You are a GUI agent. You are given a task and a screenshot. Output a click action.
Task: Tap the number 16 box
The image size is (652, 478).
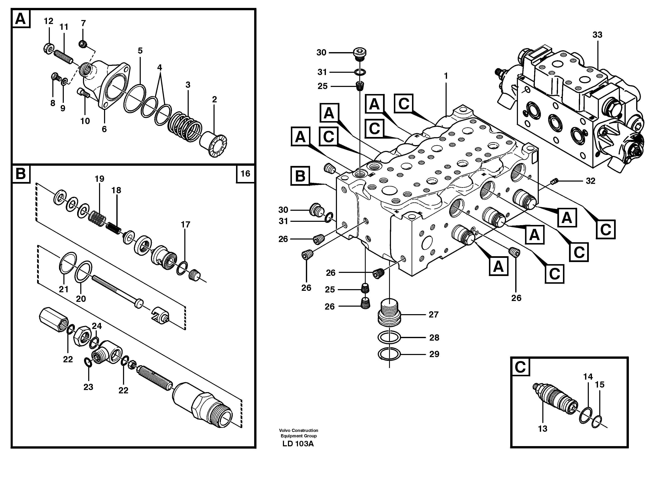coord(245,174)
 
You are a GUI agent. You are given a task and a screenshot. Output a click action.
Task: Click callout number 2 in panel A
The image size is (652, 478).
coord(214,99)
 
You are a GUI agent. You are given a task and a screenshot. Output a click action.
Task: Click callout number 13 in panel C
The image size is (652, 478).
coord(543,429)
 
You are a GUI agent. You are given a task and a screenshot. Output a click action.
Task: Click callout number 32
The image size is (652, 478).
coord(590,181)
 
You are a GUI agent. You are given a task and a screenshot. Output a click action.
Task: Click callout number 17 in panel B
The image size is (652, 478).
coord(186,225)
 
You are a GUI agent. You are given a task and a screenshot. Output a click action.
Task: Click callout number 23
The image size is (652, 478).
coord(88,387)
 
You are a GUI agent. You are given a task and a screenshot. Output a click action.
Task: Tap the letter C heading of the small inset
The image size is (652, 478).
coord(520,367)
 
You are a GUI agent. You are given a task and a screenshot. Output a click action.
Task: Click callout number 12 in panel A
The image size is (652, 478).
coord(49,21)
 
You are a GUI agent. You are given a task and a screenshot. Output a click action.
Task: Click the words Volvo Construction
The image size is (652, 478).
coord(298,430)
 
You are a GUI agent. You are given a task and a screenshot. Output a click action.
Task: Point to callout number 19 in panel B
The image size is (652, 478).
coord(99,179)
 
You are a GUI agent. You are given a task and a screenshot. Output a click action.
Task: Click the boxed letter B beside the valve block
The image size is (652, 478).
coord(300,176)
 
